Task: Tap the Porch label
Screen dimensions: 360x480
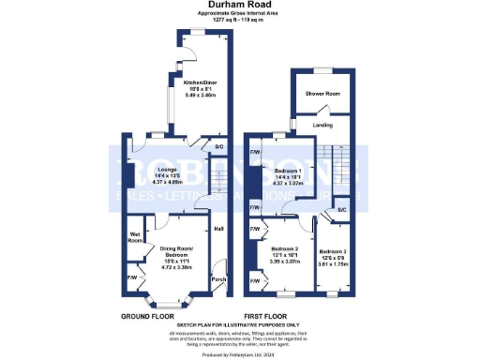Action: coord(218,278)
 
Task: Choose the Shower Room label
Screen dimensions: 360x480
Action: coord(321,93)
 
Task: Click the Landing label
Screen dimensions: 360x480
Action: coord(322,124)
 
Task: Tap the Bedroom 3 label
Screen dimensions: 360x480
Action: coord(332,251)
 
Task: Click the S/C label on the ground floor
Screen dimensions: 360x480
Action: coord(218,148)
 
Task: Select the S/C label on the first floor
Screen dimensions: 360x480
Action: coord(341,210)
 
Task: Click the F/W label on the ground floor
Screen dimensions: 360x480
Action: coord(131,277)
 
